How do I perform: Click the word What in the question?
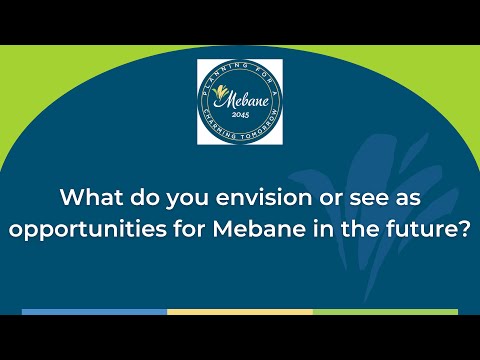91,197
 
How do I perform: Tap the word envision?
264,197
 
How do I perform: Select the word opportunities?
87,230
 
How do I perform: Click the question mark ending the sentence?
465,229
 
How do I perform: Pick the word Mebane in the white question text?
259,229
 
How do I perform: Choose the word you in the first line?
187,199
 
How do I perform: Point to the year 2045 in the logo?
240,115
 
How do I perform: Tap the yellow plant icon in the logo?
220,91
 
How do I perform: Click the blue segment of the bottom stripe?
94,312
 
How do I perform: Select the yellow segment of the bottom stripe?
240,312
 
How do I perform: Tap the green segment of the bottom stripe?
385,312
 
